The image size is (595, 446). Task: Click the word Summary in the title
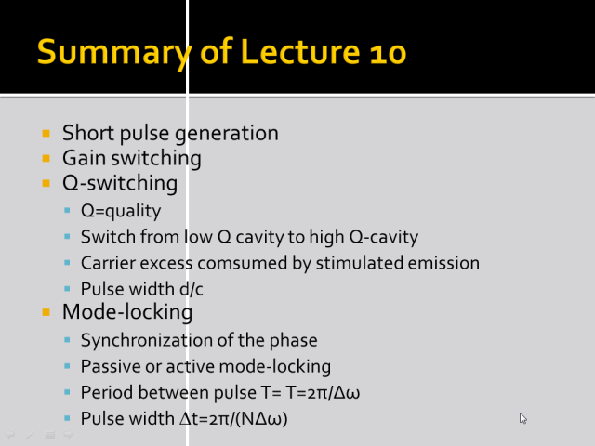113,53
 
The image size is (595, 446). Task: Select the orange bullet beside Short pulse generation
46,133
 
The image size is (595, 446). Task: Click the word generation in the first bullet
227,134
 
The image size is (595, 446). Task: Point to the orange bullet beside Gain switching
46,158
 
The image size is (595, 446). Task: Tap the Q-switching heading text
120,183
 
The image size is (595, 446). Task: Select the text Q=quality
121,211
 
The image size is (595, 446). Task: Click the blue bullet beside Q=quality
67,210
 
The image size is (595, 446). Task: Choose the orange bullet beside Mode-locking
46,312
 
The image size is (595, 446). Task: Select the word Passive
108,366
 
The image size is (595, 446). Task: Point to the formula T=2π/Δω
324,392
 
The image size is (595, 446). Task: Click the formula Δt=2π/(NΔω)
233,419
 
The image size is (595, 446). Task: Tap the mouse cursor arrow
522,418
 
